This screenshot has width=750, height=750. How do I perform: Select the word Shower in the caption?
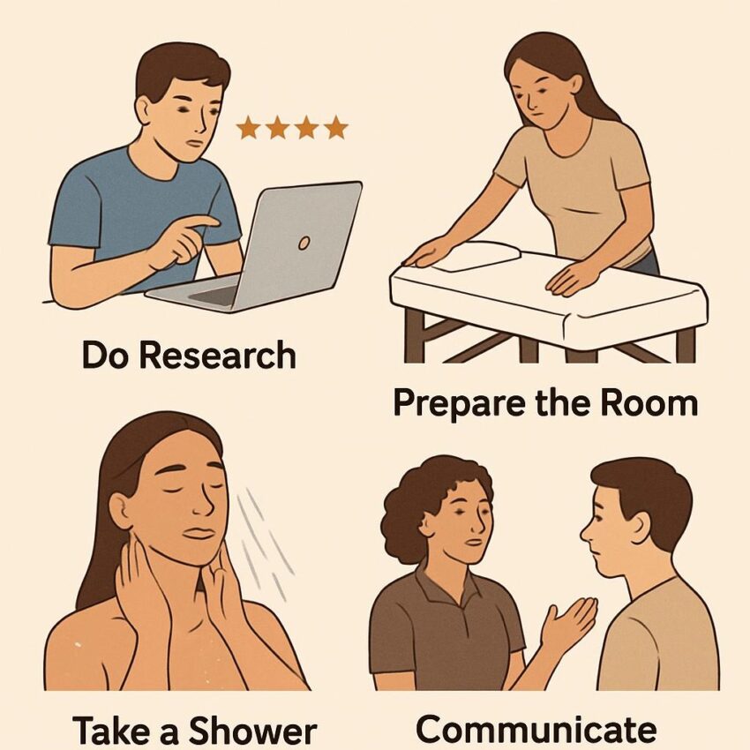253,731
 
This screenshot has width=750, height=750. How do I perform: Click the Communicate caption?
536,730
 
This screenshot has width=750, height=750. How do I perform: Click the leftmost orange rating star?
248,128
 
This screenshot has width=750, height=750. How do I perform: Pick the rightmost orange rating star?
336,127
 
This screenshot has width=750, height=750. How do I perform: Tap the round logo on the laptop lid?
304,244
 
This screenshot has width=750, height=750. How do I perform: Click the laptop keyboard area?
213,295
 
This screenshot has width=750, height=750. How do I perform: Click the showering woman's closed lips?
199,533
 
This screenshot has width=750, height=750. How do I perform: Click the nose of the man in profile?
586,531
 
